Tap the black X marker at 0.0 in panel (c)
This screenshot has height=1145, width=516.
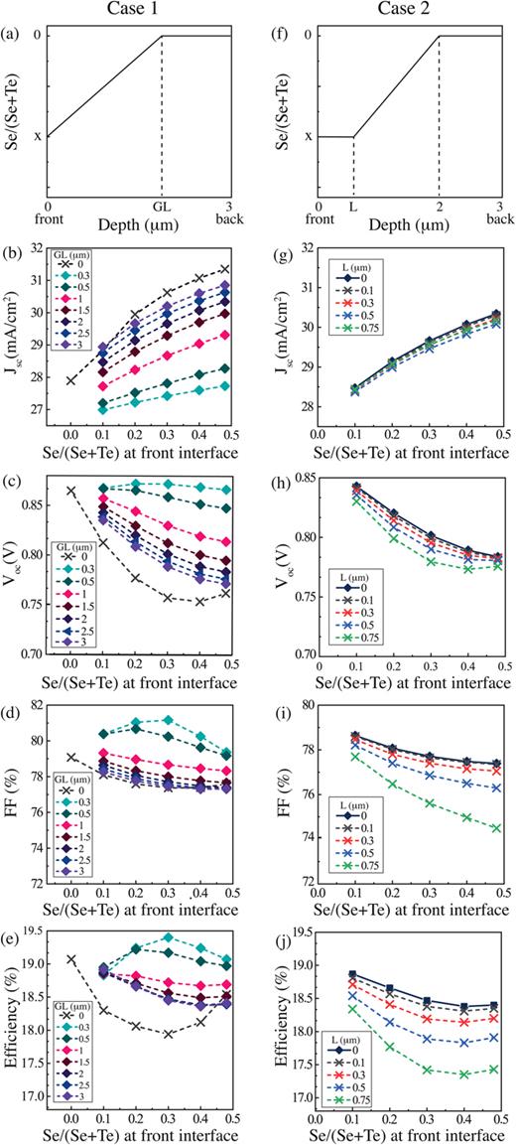tap(70, 491)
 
